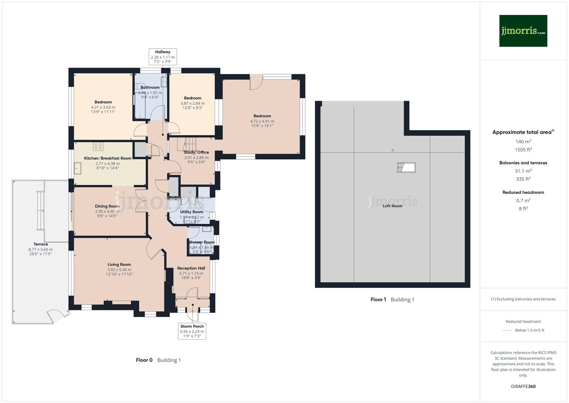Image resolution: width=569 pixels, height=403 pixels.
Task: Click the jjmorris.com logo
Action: point(523,31)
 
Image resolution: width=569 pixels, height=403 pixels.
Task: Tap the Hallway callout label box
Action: point(163,57)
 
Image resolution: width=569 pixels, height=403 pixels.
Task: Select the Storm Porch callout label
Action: point(192,331)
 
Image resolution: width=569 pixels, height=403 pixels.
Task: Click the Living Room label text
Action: point(119,265)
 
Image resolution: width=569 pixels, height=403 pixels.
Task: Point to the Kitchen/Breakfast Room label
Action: point(108,158)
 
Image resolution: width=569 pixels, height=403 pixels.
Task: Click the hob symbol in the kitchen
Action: point(98,146)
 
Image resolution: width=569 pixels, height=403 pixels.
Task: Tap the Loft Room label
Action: point(392,206)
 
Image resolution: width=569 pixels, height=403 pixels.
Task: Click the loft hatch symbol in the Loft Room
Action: point(406,168)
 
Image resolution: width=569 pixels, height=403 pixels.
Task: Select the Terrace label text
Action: point(41,244)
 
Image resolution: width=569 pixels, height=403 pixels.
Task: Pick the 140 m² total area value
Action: point(523,142)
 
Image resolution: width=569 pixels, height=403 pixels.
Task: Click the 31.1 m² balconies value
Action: point(523,171)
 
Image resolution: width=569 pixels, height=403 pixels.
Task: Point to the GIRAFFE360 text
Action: point(523,387)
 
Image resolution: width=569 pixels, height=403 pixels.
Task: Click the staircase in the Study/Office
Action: point(189,143)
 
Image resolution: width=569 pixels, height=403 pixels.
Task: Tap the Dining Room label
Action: point(107,206)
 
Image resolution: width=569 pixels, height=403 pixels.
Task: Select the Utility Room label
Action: point(192,212)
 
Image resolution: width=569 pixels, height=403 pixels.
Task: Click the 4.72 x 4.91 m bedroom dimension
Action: point(262,121)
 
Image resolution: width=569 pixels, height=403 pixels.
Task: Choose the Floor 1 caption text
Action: point(378,300)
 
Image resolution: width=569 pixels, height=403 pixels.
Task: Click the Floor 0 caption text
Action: point(144,360)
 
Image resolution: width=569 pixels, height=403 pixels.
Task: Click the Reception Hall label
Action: point(191,268)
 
